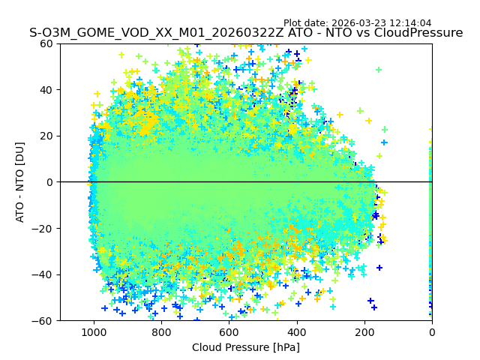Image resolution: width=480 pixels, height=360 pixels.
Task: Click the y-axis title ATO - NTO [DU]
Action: pyautogui.click(x=21, y=182)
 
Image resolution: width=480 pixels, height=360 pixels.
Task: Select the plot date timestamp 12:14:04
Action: pyautogui.click(x=410, y=23)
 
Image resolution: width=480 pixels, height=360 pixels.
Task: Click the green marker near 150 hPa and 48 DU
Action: pyautogui.click(x=379, y=70)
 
